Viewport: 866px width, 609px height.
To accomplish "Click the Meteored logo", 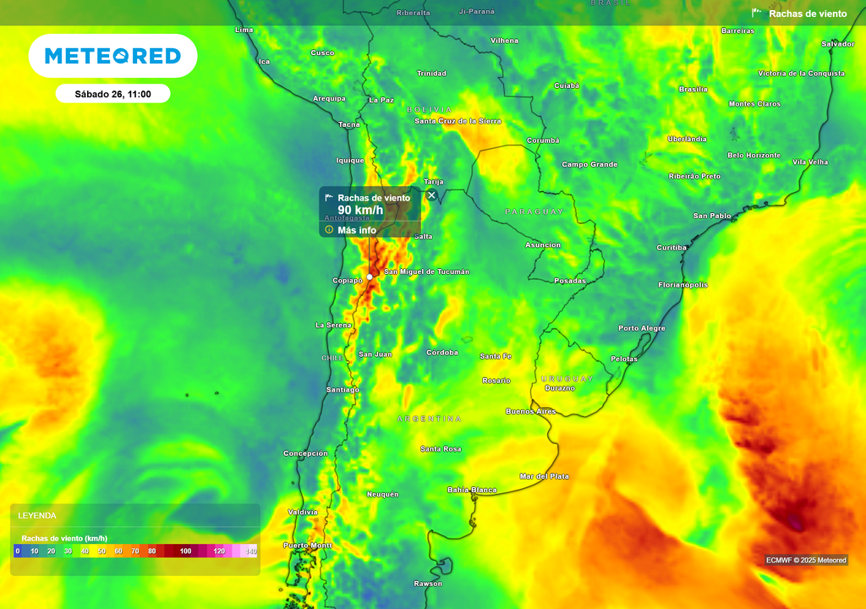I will click(112, 56).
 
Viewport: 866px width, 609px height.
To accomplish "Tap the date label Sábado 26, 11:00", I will click(112, 94).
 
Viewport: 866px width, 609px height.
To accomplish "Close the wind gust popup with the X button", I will click(431, 195).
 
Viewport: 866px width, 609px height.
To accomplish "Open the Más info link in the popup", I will click(356, 230).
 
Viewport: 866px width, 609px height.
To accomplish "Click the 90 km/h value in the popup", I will click(360, 211).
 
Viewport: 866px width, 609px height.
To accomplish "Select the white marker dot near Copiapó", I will click(370, 277).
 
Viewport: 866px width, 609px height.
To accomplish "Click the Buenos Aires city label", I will click(530, 411).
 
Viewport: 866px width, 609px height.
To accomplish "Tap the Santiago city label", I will click(343, 389).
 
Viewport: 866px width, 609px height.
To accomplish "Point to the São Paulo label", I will click(712, 216).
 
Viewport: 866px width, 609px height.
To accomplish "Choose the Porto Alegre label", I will click(641, 328).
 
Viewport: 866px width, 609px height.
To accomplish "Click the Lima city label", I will click(244, 30).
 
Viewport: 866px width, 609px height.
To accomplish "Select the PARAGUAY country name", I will click(534, 211).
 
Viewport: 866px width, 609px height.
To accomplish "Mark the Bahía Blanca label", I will click(472, 490).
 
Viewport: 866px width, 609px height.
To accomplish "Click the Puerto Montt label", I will click(308, 546).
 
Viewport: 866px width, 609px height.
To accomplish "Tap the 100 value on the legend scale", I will click(186, 551).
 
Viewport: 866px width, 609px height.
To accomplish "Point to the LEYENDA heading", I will click(37, 515).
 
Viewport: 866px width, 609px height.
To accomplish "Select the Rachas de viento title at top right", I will click(807, 14).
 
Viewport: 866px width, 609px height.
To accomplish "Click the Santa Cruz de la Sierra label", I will click(458, 121).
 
